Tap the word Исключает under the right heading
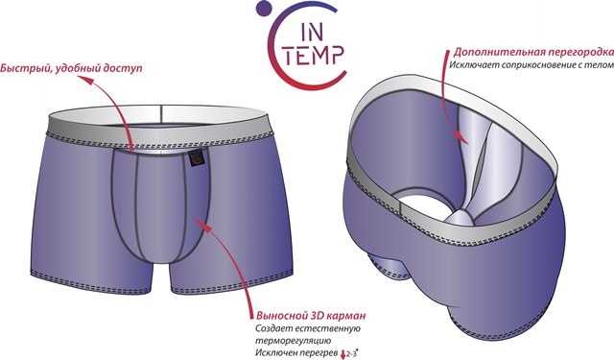click(x=468, y=64)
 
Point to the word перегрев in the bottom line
click(x=314, y=352)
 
